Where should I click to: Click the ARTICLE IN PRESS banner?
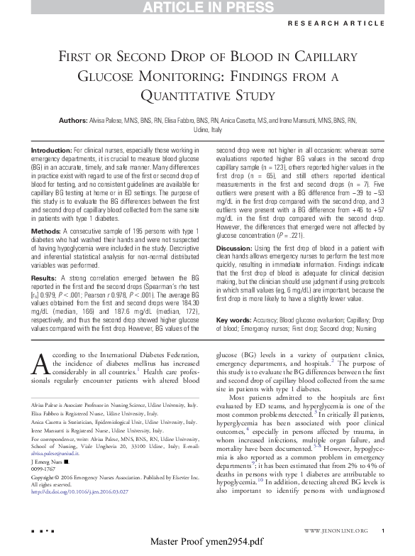pos(207,7)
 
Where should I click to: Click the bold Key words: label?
pos(232,321)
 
